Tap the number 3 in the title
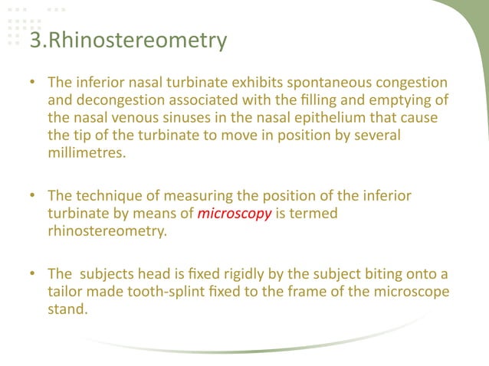34,40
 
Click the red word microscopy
235,214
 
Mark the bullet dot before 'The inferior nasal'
33,82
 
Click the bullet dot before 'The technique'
33,197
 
